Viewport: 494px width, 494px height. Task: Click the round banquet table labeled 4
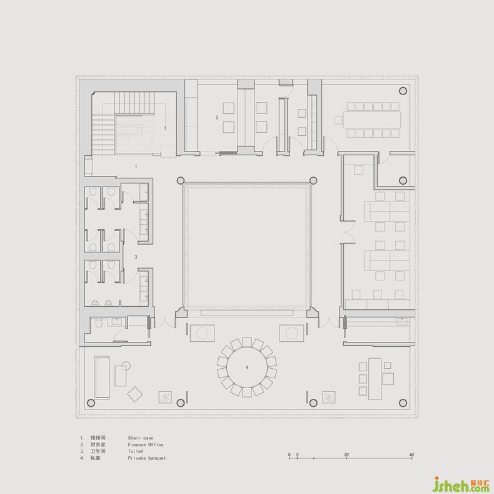click(x=246, y=367)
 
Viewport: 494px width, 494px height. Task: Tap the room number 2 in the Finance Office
click(x=217, y=117)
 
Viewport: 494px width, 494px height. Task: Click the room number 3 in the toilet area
click(x=136, y=257)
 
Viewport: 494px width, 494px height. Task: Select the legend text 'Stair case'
click(x=141, y=438)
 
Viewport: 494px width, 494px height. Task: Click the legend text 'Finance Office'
click(x=146, y=445)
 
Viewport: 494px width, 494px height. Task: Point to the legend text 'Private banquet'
click(x=147, y=458)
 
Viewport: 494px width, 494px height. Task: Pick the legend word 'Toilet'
click(x=136, y=451)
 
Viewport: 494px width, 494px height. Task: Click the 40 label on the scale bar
click(x=411, y=455)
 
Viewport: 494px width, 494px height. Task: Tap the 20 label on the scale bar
click(x=346, y=455)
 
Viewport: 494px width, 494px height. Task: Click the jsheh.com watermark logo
click(x=461, y=485)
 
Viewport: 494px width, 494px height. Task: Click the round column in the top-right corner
click(x=403, y=91)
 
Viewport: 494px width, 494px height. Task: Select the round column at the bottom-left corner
click(x=91, y=403)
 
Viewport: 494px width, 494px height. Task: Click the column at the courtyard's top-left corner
click(x=180, y=180)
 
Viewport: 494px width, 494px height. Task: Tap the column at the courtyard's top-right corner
click(x=313, y=180)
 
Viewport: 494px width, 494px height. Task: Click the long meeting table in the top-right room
click(x=372, y=120)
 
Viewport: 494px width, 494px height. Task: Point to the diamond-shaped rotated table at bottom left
click(x=135, y=394)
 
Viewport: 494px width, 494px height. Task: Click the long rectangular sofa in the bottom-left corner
click(x=102, y=378)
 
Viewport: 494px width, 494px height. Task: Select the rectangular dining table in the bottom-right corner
click(x=375, y=379)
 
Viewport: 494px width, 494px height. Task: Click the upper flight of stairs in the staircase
click(x=134, y=103)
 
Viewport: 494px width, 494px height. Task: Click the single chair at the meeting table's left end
click(x=338, y=120)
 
